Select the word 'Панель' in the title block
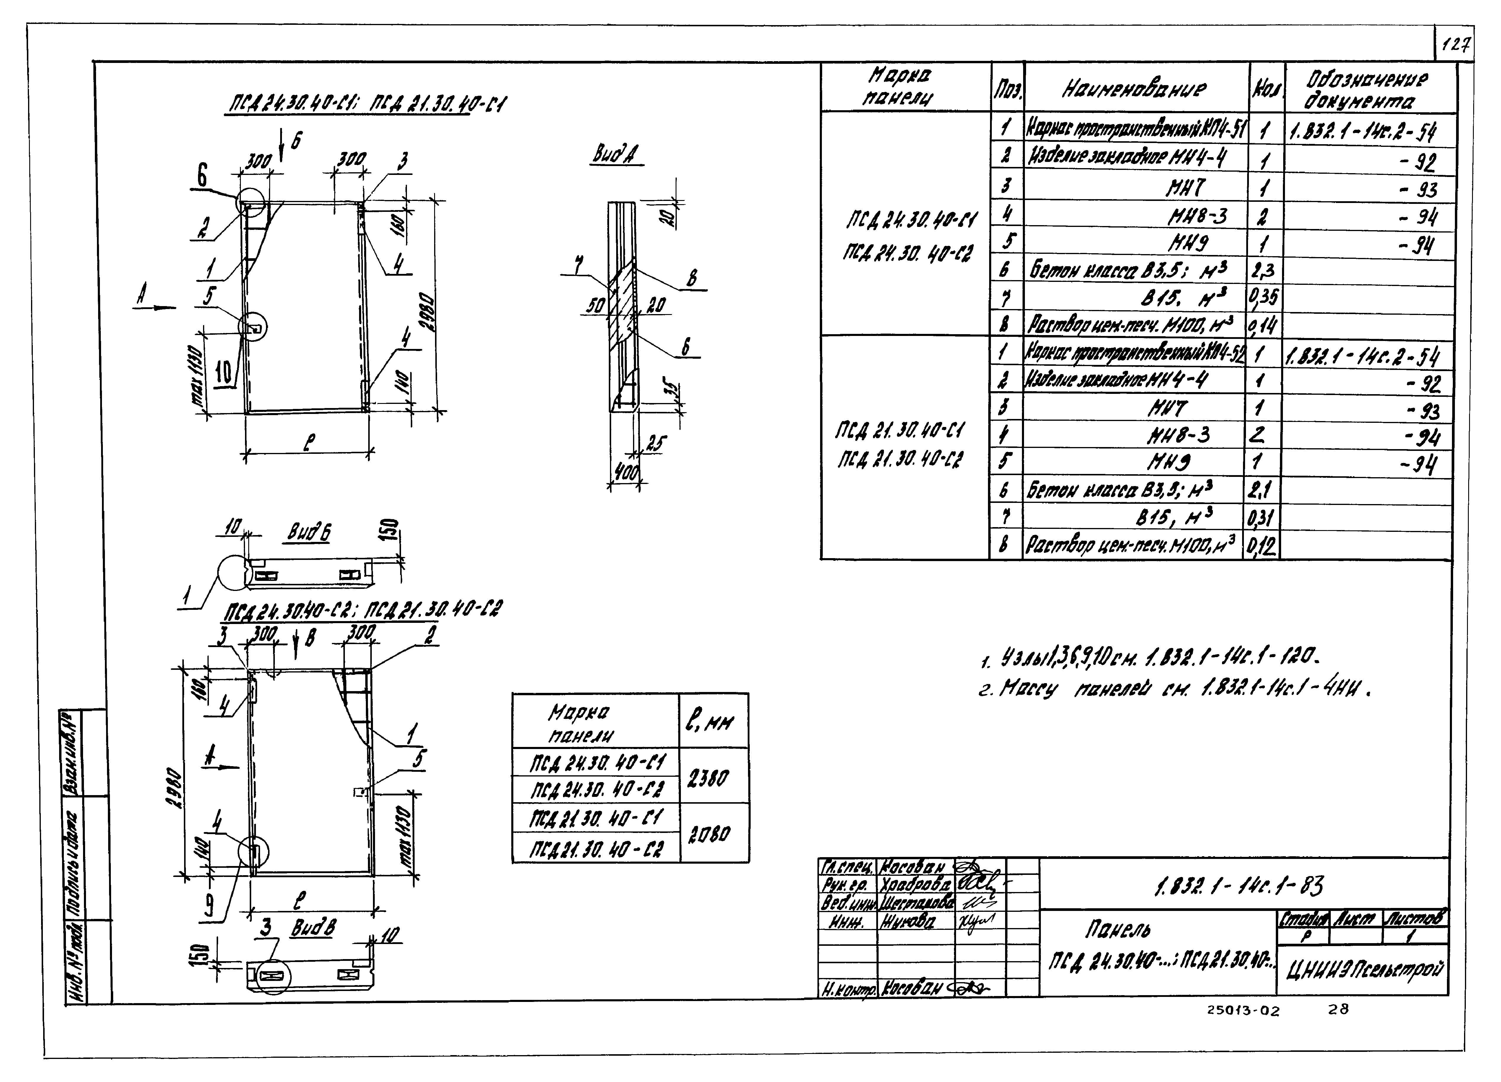[x=1118, y=930]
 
